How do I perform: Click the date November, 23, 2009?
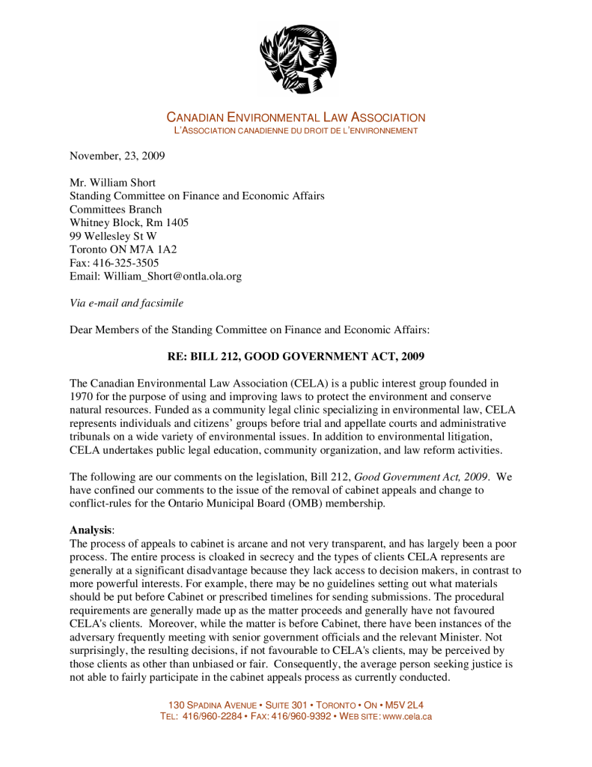pyautogui.click(x=117, y=157)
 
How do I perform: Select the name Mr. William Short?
pyautogui.click(x=112, y=183)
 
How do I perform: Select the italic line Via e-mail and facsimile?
pyautogui.click(x=126, y=303)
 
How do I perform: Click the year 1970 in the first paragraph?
pyautogui.click(x=82, y=396)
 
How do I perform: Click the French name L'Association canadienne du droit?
pyautogui.click(x=296, y=131)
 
